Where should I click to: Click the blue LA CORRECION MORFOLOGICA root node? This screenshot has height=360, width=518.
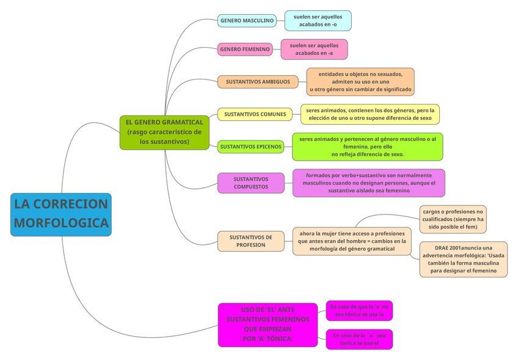pos(61,214)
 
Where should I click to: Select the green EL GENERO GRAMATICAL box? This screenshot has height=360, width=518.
pos(164,132)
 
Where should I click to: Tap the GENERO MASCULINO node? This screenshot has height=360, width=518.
pos(247,21)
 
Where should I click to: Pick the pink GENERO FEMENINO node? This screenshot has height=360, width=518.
pos(245,49)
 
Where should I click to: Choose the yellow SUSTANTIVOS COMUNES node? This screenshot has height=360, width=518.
pos(255,114)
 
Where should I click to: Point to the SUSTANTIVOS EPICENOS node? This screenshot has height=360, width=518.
pos(251,147)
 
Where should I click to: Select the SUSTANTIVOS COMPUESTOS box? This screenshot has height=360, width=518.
pos(250,183)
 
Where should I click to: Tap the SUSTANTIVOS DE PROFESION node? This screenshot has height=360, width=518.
pos(251,241)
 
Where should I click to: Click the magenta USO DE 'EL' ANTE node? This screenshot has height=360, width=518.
pos(268,325)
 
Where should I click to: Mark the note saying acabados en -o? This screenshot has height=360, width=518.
pos(318,20)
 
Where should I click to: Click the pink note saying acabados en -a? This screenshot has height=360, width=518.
pos(314,49)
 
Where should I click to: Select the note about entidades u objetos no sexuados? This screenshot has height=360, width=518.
pos(360,82)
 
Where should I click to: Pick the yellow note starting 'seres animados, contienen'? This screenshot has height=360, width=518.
pos(370,114)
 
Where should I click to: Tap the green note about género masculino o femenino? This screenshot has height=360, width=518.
pos(367,147)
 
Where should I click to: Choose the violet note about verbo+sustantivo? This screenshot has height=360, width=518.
pos(368,183)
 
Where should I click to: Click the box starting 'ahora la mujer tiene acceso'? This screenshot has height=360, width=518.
pos(352,241)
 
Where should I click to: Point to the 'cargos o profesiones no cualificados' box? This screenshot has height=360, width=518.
pos(453,219)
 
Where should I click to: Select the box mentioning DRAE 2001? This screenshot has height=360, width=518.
pos(463,259)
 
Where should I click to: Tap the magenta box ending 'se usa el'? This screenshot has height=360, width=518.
pos(359,339)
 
